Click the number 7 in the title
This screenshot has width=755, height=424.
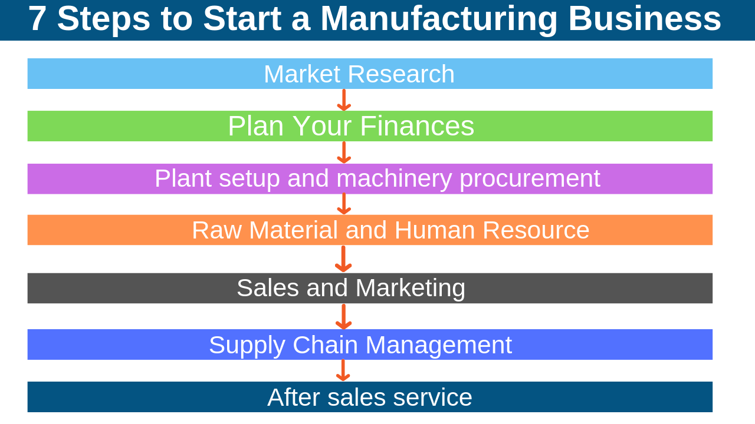[37, 19]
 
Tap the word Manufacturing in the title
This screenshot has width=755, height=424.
[438, 19]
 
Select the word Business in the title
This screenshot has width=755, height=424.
[644, 19]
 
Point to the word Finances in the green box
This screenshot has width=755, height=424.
[416, 126]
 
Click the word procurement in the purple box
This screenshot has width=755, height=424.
[530, 178]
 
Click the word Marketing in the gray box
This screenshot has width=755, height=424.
[410, 288]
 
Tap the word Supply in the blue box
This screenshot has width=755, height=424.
[247, 345]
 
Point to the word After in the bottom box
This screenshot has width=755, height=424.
[294, 397]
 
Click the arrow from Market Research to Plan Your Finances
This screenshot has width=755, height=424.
[344, 100]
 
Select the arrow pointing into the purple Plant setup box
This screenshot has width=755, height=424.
[344, 153]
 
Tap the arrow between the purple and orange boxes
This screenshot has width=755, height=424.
[344, 204]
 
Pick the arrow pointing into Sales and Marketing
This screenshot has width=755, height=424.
[343, 259]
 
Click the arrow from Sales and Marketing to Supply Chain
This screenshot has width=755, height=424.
[343, 317]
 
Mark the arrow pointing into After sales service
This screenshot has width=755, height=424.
[343, 370]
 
